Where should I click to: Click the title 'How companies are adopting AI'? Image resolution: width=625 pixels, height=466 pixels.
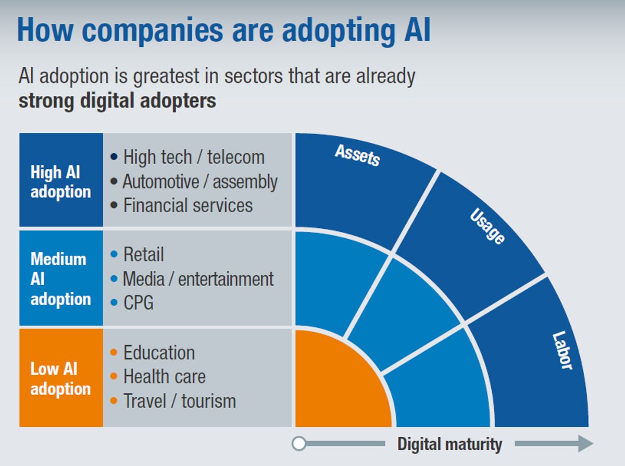click(x=224, y=30)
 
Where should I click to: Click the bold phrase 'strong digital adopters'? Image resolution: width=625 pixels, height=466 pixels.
click(x=117, y=100)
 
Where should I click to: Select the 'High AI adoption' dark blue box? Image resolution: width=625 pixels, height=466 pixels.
click(x=61, y=180)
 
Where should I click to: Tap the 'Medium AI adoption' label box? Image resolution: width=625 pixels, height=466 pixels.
click(x=61, y=278)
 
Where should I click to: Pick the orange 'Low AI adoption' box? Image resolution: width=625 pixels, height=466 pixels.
click(x=61, y=378)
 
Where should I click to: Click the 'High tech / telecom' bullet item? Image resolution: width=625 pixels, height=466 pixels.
click(x=194, y=157)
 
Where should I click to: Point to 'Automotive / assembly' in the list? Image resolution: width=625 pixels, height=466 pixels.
click(x=200, y=181)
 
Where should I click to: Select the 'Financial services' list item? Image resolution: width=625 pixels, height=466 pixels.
click(x=187, y=205)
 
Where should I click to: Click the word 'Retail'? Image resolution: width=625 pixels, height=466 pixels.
click(x=143, y=255)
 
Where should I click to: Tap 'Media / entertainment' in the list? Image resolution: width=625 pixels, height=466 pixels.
click(x=198, y=279)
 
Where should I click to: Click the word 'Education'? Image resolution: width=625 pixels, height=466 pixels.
click(x=159, y=353)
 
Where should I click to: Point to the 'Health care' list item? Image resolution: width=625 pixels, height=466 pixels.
click(x=164, y=377)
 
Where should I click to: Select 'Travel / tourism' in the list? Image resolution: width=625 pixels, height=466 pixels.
click(x=179, y=401)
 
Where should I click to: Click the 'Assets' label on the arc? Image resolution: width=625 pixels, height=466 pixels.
click(x=357, y=155)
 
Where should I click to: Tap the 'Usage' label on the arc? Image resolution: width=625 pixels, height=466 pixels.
click(x=488, y=226)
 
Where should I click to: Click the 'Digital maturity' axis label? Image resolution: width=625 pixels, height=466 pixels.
click(x=449, y=445)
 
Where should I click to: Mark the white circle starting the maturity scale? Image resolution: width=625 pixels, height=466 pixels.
click(x=299, y=444)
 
